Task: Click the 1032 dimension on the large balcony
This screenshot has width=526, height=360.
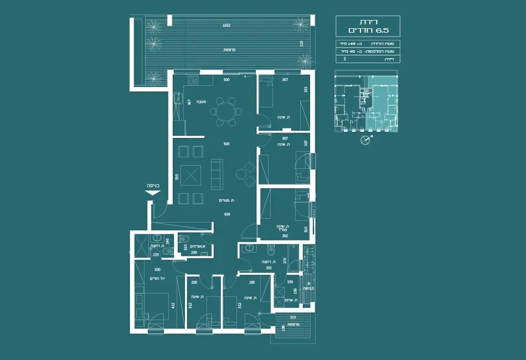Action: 226,25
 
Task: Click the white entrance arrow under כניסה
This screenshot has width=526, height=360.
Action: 152,193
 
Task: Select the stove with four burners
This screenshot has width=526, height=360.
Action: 193,80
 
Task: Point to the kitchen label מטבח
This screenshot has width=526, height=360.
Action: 202,101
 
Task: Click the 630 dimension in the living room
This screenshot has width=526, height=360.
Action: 226,215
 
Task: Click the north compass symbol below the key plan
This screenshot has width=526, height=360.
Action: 364,140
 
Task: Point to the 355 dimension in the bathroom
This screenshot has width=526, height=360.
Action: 269,268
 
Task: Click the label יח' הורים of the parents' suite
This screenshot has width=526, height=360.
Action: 157,278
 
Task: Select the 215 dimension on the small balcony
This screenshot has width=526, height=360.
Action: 293,317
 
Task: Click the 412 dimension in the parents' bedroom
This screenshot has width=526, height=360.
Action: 173,305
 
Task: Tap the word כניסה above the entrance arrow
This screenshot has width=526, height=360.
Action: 153,186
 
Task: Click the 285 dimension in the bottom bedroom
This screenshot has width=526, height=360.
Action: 251,282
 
